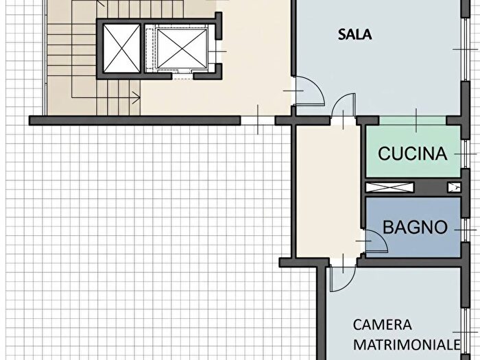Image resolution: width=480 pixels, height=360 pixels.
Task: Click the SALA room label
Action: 355,34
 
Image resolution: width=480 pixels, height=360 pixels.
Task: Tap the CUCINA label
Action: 412,154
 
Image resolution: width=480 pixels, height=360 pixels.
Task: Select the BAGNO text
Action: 415,227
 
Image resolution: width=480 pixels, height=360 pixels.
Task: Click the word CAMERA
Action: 383,325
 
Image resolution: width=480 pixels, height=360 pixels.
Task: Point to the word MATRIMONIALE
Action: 407,344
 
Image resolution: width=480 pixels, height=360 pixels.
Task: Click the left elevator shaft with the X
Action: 122,49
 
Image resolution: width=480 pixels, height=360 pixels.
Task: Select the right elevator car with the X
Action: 182,49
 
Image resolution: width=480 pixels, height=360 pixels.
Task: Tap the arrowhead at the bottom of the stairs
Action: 136,98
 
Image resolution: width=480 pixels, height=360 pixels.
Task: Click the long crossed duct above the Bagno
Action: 389,187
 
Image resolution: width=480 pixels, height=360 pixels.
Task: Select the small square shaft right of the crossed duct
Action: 454,187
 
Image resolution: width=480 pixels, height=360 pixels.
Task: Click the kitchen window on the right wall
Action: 466,154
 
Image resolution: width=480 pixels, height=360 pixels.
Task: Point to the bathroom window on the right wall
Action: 466,230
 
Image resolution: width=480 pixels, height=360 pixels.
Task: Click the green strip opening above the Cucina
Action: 413,121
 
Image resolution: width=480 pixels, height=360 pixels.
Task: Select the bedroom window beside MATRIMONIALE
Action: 466,332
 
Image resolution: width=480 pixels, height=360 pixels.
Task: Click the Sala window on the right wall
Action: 466,49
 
